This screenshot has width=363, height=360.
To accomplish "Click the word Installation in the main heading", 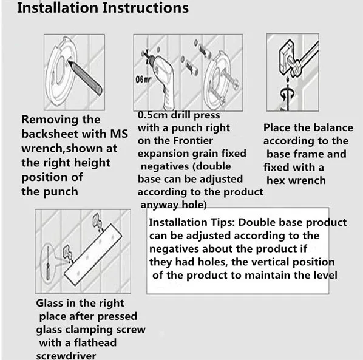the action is point(58,8).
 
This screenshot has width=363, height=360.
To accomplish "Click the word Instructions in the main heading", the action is point(146,8).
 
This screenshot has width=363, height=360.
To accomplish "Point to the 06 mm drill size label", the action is point(143,80).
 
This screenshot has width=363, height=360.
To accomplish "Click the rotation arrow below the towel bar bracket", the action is point(287,93).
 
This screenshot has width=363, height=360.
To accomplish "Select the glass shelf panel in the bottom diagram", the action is point(93,255).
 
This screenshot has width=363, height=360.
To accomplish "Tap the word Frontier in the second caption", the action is point(193,141).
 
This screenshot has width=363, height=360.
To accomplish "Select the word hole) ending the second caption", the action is point(194,205).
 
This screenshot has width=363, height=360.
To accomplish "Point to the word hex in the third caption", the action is point(276,180).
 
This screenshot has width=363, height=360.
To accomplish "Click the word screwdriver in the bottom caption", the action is point(66,356).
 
